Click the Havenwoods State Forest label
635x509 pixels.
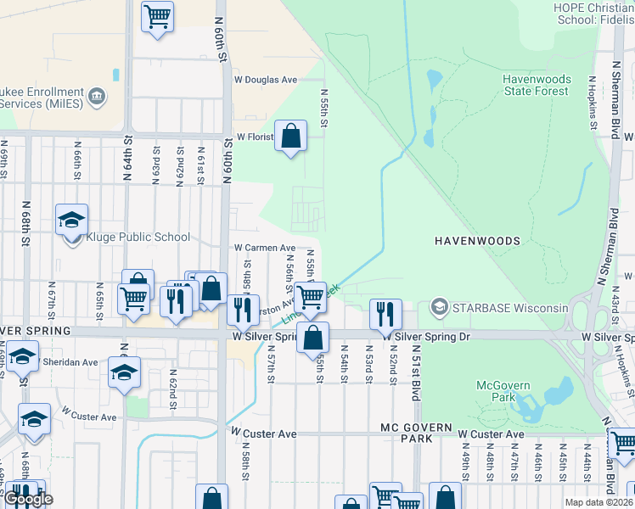pyautogui.click(x=537, y=85)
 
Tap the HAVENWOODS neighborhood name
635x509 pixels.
pyautogui.click(x=477, y=241)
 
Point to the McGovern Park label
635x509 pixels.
pyautogui.click(x=503, y=391)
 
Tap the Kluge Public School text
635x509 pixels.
pyautogui.click(x=136, y=238)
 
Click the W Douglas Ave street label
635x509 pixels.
pyautogui.click(x=267, y=80)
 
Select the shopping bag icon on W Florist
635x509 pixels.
pyautogui.click(x=290, y=137)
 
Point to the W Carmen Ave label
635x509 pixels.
pyautogui.click(x=265, y=249)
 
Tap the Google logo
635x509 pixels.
pyautogui.click(x=28, y=500)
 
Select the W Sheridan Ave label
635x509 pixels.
pyautogui.click(x=70, y=362)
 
